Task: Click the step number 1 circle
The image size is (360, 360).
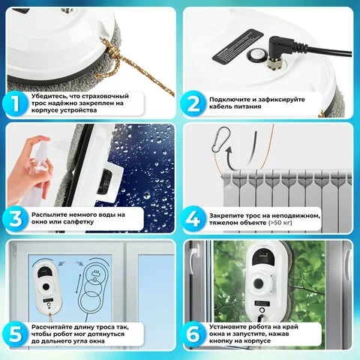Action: coord(16,103)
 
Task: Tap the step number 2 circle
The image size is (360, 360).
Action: coord(193,103)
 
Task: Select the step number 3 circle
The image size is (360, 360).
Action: coord(16,218)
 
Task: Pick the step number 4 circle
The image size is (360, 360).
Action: coord(193,218)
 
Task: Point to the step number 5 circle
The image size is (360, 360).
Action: coord(16,334)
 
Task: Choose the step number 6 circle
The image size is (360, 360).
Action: coord(193,334)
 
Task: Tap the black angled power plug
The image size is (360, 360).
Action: coord(280,51)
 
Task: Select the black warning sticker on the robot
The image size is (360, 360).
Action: coord(238,46)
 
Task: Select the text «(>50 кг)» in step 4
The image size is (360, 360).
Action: coord(280,223)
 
